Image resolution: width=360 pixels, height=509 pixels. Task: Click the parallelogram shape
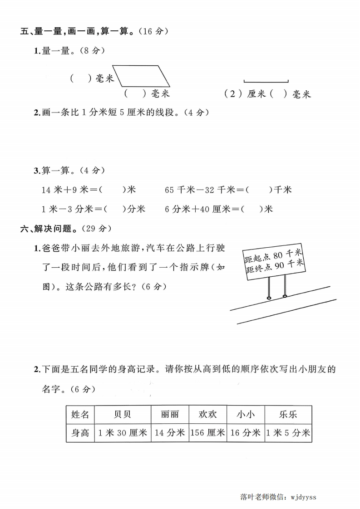pos(141,76)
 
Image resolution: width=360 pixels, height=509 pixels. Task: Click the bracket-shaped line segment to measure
pos(266,82)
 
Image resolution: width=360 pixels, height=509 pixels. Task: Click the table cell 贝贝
pos(122,415)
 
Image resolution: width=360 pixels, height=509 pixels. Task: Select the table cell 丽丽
pos(170,415)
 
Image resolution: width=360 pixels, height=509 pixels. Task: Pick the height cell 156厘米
pos(207,433)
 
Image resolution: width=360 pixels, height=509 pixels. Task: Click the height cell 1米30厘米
pos(122,433)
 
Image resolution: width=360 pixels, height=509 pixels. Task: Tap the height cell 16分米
pos(246,433)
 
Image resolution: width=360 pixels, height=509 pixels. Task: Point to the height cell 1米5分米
pos(288,433)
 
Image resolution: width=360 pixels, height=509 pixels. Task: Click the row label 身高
pos(80,433)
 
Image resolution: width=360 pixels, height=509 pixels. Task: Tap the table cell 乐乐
pos(288,415)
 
